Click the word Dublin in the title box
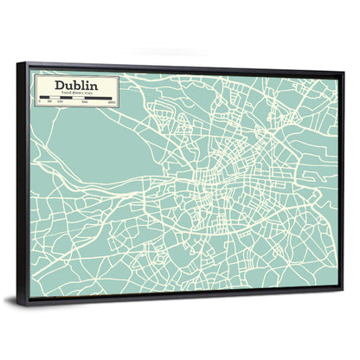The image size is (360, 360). (x=75, y=86)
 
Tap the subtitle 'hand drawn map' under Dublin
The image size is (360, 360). (x=75, y=94)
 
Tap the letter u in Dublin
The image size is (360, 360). (x=67, y=87)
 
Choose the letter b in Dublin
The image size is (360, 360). (x=75, y=86)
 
